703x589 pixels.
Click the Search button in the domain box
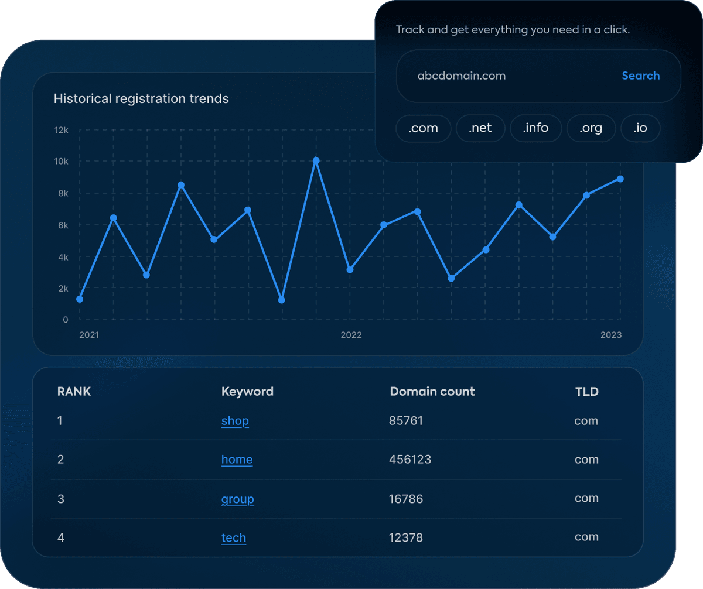tap(640, 76)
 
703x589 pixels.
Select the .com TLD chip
tap(424, 128)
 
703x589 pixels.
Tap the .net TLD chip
tap(480, 128)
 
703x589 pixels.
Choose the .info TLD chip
tap(535, 128)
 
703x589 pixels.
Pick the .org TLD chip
tap(591, 128)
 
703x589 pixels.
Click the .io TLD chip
tap(640, 128)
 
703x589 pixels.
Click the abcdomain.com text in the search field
tap(461, 76)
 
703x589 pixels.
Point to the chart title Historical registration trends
tap(141, 98)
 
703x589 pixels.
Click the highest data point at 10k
tap(316, 160)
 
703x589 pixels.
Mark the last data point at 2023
tap(620, 179)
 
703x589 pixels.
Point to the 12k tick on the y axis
tap(61, 129)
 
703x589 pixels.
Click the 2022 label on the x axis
tap(351, 335)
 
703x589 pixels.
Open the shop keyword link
tap(235, 421)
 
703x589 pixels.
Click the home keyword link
tap(237, 460)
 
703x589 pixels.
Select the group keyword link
tap(237, 499)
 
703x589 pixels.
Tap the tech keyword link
tap(233, 537)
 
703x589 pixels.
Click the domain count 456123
tap(410, 460)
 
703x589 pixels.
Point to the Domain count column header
tap(432, 392)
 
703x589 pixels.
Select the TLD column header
tap(586, 392)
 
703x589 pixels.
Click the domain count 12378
tap(405, 537)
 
